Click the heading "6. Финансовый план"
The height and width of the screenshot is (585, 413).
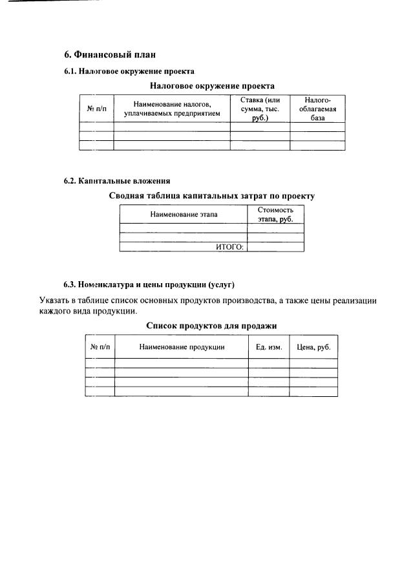[109, 54]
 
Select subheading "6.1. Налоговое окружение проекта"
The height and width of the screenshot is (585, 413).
[129, 71]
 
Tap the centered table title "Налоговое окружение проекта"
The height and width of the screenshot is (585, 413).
[211, 85]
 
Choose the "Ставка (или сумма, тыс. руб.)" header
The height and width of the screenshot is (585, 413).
[260, 109]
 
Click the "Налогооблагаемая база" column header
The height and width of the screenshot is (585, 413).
[317, 109]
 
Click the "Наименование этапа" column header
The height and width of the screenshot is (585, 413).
[184, 214]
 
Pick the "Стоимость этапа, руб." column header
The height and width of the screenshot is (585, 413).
[275, 215]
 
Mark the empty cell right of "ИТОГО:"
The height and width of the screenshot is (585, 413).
[275, 247]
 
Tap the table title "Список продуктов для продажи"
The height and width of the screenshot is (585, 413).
[211, 326]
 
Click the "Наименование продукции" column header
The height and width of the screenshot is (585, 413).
[182, 347]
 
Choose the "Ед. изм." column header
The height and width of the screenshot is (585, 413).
[269, 347]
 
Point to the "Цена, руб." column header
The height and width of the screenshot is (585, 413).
[313, 347]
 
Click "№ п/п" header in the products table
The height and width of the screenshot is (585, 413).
[100, 347]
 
